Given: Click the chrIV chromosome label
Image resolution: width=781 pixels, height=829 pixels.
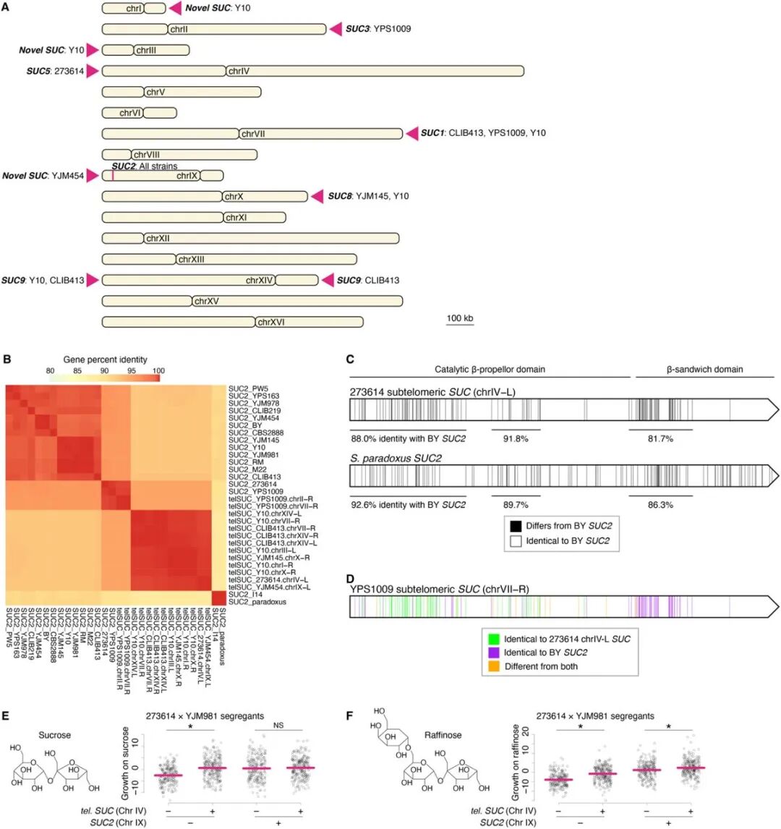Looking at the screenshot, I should click(x=239, y=71).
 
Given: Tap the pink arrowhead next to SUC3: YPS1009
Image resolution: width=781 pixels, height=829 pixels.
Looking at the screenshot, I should click(x=336, y=29).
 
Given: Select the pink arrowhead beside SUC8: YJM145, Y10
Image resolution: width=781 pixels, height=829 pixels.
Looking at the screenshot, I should click(x=317, y=196).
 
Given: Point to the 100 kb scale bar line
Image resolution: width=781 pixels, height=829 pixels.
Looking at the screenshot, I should click(x=459, y=327).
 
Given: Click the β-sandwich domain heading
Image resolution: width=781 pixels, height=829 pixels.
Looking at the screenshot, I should click(x=704, y=370).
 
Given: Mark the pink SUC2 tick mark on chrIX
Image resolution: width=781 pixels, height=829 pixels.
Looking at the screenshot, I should click(x=113, y=175).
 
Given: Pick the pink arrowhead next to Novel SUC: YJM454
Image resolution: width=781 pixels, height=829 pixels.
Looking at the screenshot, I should click(x=93, y=175).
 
